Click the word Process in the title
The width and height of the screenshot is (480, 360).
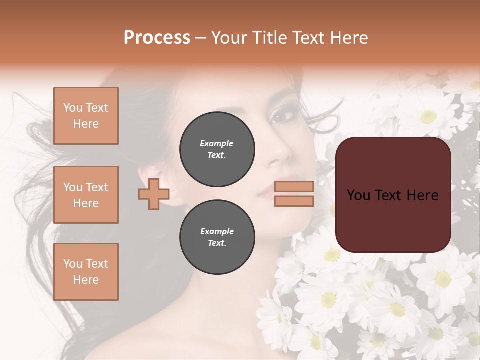point(157,38)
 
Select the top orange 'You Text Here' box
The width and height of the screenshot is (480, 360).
point(86,116)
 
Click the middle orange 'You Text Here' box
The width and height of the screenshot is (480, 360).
point(86,195)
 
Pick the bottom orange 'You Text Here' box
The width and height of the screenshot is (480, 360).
point(86,272)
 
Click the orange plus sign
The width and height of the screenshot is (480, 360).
point(154,194)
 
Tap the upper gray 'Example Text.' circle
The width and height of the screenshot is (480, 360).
point(217,149)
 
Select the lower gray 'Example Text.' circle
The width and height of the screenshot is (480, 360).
point(217,237)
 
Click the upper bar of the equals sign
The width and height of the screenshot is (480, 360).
point(294,186)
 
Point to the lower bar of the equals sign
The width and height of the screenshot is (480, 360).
point(294,201)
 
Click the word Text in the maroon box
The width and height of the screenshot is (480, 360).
point(393,195)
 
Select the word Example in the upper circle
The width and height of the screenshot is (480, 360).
point(217,143)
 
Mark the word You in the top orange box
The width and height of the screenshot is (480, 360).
point(73,108)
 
